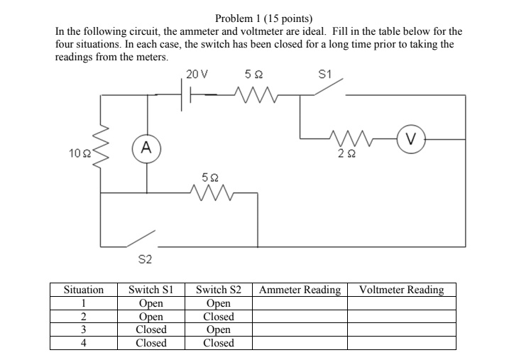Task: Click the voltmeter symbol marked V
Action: point(411,138)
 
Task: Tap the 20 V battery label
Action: point(197,74)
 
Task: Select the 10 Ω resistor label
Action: point(79,153)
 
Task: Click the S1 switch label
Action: point(326,74)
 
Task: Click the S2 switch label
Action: point(144,260)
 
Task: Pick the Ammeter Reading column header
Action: point(300,290)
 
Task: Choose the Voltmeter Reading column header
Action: point(401,290)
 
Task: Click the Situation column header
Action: point(84,290)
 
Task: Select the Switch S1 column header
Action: point(151,290)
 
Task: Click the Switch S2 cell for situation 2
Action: point(219,317)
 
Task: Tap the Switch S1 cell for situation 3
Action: point(151,329)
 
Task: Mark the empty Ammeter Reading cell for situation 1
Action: point(300,303)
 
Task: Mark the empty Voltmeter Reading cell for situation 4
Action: point(401,343)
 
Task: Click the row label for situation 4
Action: point(84,343)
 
